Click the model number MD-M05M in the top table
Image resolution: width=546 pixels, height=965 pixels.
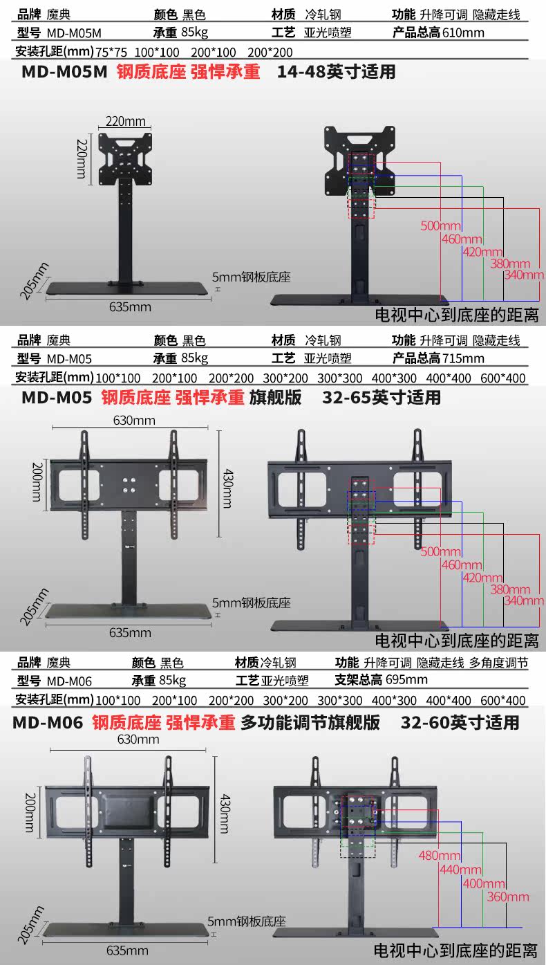click(75, 33)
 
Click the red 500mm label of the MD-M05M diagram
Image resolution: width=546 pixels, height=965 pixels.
click(440, 226)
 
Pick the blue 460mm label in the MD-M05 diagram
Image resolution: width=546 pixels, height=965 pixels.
click(462, 564)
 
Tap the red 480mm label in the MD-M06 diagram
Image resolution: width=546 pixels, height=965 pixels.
click(439, 855)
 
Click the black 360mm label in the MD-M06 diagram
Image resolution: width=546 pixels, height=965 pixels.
click(508, 897)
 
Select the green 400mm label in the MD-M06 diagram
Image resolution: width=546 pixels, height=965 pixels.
click(484, 883)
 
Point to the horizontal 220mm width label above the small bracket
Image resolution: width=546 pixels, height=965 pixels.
click(125, 121)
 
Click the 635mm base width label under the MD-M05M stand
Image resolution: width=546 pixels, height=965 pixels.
click(131, 306)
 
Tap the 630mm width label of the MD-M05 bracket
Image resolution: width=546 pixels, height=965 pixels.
click(135, 420)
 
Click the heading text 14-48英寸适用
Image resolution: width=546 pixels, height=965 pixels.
click(336, 72)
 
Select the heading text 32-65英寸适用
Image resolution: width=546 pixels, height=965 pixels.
click(381, 398)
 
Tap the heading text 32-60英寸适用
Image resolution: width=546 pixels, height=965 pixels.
click(460, 723)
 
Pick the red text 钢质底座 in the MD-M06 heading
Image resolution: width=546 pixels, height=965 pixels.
click(126, 723)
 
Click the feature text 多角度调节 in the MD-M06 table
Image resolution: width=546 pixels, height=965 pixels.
click(498, 662)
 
